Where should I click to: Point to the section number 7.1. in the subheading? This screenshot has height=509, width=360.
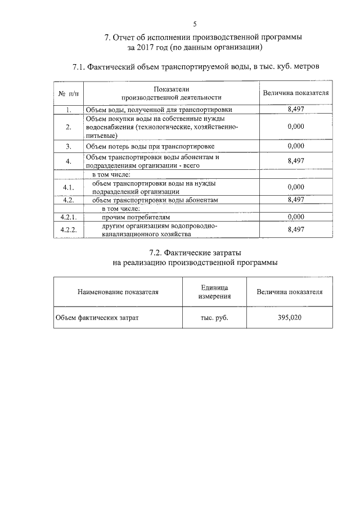(x=82, y=67)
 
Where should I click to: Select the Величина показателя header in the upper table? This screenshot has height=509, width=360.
(x=296, y=93)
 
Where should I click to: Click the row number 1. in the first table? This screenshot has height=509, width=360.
(x=68, y=110)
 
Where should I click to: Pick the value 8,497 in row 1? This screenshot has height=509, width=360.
(x=296, y=110)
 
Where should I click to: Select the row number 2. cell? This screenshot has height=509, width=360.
(x=68, y=127)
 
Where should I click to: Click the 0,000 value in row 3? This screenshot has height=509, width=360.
(x=296, y=146)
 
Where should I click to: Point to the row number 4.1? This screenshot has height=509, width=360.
(x=68, y=187)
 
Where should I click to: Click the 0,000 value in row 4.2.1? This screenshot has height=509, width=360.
(x=296, y=216)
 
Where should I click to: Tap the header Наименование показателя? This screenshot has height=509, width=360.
(x=118, y=292)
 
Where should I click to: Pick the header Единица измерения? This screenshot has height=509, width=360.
(x=214, y=292)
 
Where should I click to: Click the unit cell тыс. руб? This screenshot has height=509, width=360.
(x=214, y=318)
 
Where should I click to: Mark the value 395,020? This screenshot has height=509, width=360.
(x=290, y=318)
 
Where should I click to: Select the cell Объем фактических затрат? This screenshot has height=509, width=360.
(x=97, y=318)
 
